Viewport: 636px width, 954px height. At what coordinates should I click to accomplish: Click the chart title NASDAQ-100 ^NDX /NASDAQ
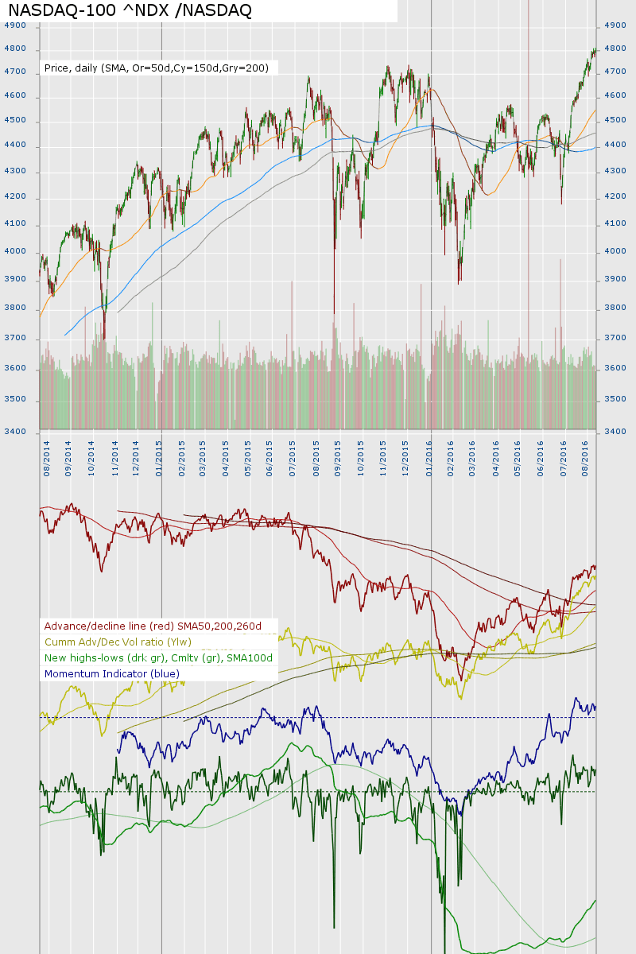click(x=130, y=10)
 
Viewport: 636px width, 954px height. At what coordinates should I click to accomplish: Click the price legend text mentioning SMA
click(x=157, y=68)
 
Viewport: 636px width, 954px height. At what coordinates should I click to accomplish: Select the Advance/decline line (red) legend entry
click(x=153, y=626)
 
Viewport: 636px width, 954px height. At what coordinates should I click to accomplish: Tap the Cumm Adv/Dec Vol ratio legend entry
click(x=118, y=642)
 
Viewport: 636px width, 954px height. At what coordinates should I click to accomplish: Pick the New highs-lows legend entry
click(x=158, y=658)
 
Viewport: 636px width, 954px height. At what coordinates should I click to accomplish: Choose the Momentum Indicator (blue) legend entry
click(x=112, y=674)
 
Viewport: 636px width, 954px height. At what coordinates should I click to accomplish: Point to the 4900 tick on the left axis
click(x=15, y=25)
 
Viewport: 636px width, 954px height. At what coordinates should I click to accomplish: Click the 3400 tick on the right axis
click(x=615, y=432)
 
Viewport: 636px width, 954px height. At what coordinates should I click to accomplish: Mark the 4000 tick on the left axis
click(x=15, y=252)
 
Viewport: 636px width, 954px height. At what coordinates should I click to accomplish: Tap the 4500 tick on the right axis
click(x=615, y=121)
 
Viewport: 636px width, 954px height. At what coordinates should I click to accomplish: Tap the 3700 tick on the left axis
click(x=15, y=339)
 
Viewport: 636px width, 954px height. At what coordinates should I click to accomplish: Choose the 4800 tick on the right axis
click(x=615, y=48)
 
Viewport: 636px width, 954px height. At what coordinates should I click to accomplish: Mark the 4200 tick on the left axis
click(x=15, y=197)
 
